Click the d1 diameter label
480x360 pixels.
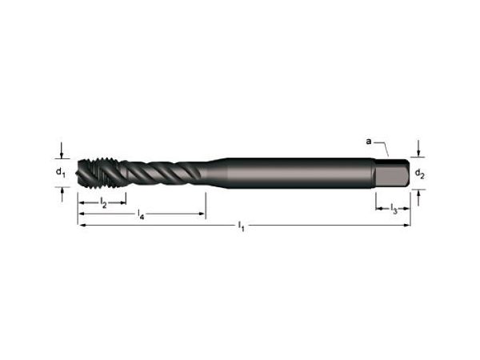point(60,171)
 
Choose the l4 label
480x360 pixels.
point(141,216)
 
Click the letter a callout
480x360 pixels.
point(369,142)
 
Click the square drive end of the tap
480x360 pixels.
point(393,174)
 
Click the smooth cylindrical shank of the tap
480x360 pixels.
point(296,173)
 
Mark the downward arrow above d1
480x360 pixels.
point(61,152)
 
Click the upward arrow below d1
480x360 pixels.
point(61,192)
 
